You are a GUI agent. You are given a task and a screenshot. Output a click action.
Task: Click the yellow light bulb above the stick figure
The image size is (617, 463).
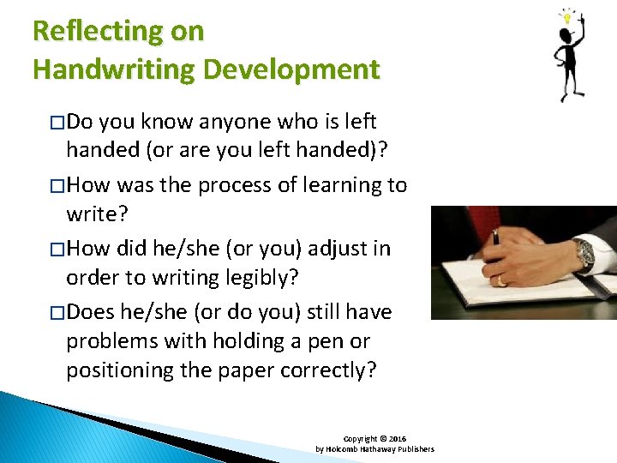coord(567,15)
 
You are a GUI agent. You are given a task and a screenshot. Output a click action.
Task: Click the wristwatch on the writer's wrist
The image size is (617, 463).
coord(585,253)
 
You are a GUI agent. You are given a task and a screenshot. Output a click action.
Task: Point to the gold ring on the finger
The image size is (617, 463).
coord(502,280)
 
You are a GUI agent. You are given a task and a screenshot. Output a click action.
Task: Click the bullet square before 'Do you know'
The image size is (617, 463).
coord(57,123)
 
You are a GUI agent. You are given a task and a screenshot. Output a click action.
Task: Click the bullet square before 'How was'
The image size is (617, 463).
coord(57,186)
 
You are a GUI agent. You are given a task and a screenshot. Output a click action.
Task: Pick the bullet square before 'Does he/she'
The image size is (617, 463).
coord(57,313)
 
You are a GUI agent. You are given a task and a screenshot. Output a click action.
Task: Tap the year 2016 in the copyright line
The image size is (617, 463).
coord(398,437)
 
